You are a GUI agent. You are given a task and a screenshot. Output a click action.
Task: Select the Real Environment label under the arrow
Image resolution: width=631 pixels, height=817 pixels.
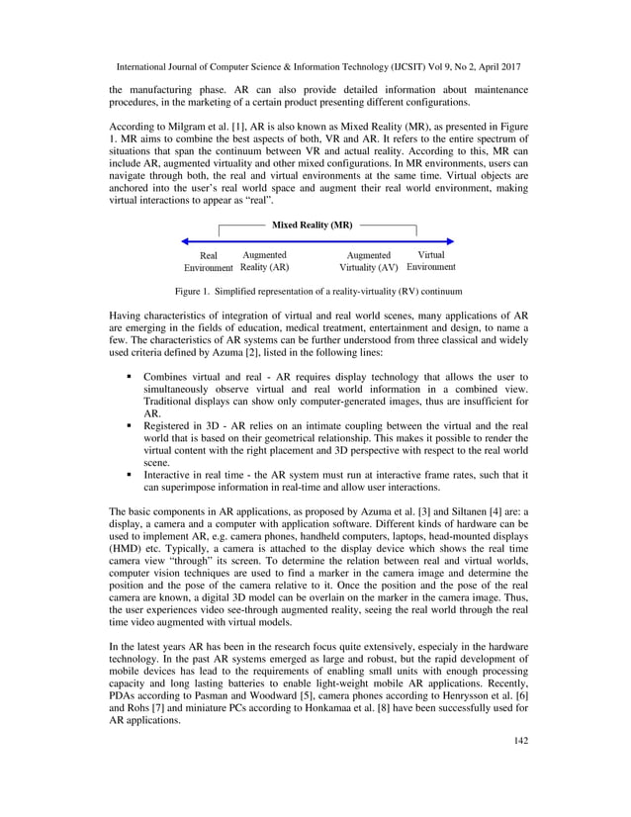[x=209, y=261]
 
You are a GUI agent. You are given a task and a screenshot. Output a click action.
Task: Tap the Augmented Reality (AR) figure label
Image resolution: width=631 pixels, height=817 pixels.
[x=264, y=261]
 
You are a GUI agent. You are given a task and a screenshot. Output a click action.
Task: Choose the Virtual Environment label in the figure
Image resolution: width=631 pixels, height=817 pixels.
[x=431, y=260]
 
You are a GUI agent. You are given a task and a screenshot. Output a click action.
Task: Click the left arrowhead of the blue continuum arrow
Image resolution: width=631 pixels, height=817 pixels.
[x=186, y=240]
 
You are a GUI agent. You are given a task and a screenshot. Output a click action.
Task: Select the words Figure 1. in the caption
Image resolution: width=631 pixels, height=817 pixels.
[x=193, y=292]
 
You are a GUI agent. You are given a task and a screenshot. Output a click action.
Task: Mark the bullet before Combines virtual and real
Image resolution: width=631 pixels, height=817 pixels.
[x=130, y=378]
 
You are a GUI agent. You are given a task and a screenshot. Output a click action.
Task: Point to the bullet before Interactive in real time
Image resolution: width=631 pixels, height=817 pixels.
[x=130, y=474]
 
